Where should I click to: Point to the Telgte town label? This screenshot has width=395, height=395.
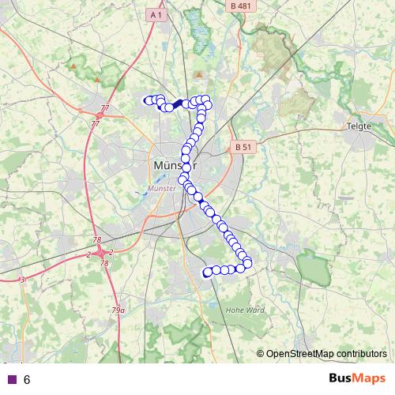pyautogui.click(x=359, y=126)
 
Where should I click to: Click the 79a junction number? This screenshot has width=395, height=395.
pyautogui.click(x=118, y=310)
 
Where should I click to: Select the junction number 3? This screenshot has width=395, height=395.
pyautogui.click(x=22, y=280)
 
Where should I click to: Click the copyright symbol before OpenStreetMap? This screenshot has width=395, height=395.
pyautogui.click(x=261, y=353)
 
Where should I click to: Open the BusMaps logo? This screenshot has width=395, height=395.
pyautogui.click(x=357, y=379)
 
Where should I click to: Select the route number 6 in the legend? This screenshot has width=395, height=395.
pyautogui.click(x=27, y=380)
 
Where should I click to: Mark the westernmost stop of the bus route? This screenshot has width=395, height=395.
pyautogui.click(x=147, y=100)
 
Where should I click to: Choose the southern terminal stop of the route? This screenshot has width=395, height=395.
pyautogui.click(x=208, y=273)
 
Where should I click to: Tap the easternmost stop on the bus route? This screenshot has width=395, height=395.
pyautogui.click(x=248, y=262)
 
